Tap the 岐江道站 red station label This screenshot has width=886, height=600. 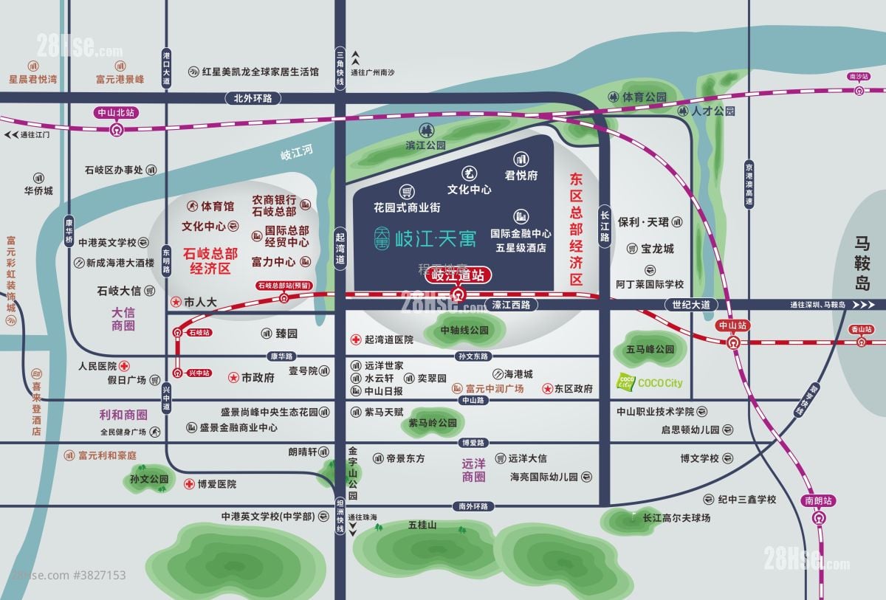(458, 276)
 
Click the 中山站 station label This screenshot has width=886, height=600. (732, 325)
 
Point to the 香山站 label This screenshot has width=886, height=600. (861, 329)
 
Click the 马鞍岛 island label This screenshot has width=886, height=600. (862, 263)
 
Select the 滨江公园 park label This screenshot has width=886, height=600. (426, 145)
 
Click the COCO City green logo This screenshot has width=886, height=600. (625, 382)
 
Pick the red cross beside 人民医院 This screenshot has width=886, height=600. (125, 365)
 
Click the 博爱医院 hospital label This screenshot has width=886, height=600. (216, 484)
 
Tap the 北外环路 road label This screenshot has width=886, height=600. (253, 97)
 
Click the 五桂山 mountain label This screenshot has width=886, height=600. (422, 525)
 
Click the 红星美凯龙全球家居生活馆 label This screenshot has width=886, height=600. (261, 72)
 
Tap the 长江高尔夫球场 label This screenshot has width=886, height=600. (676, 518)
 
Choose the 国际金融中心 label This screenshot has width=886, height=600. (521, 233)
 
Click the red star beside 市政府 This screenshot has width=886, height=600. (233, 377)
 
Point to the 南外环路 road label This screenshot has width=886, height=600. (473, 506)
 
